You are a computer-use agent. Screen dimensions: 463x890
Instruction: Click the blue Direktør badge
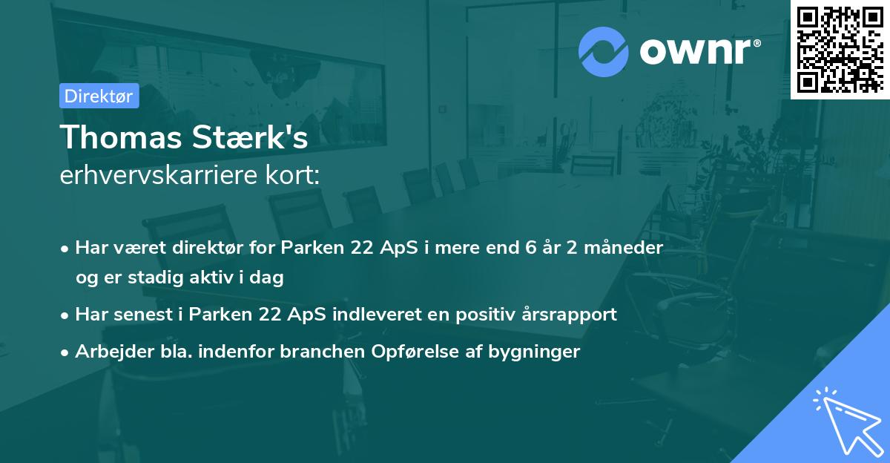[x=99, y=96]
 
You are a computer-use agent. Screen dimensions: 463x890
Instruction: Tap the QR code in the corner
[x=840, y=49]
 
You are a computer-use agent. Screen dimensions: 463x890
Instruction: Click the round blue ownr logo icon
[x=603, y=51]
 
